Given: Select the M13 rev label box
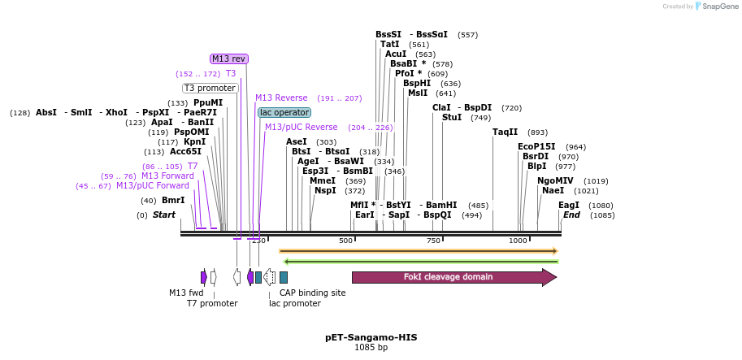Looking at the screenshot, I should click(228, 59).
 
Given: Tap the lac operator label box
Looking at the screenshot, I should click(284, 112).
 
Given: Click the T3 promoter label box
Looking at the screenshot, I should click(210, 88).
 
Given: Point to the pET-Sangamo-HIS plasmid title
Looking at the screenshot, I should click(371, 337).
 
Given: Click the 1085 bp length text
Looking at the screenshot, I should click(371, 348).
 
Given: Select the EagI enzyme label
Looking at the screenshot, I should click(569, 205).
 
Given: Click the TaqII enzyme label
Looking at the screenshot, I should click(505, 132).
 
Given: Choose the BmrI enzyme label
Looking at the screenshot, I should click(173, 200).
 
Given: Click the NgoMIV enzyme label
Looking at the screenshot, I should click(555, 180).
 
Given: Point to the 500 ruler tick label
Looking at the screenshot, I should click(345, 241).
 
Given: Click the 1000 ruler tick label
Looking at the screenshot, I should click(518, 241).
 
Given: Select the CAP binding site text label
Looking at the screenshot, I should click(312, 293).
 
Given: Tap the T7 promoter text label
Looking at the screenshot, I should click(212, 303).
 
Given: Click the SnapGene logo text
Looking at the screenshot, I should click(716, 7).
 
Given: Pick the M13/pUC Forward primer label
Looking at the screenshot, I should click(153, 185).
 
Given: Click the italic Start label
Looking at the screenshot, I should click(164, 215).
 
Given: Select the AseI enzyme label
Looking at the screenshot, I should click(297, 141).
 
